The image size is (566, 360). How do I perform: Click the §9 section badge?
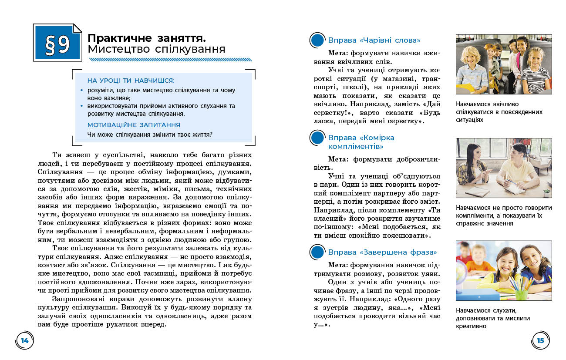[57, 43]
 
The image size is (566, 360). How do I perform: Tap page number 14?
[25, 340]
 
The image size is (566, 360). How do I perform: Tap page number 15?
[540, 340]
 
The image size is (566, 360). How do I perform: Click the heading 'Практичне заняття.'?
[147, 37]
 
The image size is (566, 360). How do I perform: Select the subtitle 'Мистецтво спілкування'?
[156, 49]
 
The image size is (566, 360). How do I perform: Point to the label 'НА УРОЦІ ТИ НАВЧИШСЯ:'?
[131, 81]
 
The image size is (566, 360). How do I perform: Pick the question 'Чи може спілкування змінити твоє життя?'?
[150, 134]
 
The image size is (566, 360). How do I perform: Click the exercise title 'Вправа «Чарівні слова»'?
[374, 40]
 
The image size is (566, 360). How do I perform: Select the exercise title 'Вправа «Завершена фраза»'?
[382, 252]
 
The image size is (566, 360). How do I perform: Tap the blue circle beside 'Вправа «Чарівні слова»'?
[317, 40]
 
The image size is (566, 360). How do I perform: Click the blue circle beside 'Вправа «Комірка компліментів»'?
[317, 138]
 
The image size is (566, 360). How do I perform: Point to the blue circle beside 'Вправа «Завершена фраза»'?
[317, 252]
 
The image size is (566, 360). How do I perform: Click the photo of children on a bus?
[504, 64]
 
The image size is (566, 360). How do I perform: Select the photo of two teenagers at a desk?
[504, 168]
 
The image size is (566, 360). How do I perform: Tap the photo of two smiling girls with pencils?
[504, 270]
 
